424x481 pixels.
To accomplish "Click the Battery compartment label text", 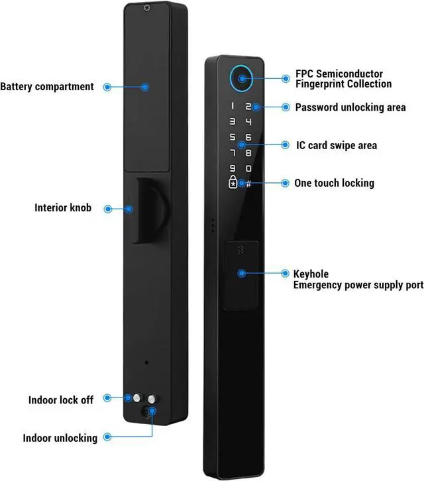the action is [47, 87].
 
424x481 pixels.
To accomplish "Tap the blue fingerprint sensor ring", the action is [231, 79].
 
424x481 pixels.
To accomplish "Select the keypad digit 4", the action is [248, 122].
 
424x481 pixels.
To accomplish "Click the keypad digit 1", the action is [233, 106].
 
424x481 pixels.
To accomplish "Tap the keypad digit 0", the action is [248, 168].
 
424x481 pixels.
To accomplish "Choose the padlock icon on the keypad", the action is [233, 182].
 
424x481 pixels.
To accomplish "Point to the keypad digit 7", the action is [233, 152].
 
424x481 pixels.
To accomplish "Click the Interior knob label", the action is [63, 207].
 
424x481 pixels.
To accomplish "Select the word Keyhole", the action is [311, 274].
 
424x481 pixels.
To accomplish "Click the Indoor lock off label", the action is [61, 400].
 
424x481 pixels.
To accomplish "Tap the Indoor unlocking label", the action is [60, 438].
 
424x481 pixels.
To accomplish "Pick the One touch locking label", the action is [335, 183].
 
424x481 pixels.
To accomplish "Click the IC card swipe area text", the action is [337, 145].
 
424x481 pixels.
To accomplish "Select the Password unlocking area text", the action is [350, 107].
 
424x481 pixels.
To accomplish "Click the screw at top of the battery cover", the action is [146, 8].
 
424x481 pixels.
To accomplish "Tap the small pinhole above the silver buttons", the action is [146, 362].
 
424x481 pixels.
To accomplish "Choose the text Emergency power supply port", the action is [358, 285].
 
